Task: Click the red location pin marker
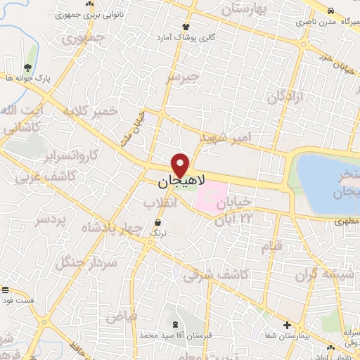181,165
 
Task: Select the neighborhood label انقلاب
159,202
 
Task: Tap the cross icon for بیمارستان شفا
287,324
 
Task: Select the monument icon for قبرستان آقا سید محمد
174,324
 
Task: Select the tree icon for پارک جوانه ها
27,67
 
